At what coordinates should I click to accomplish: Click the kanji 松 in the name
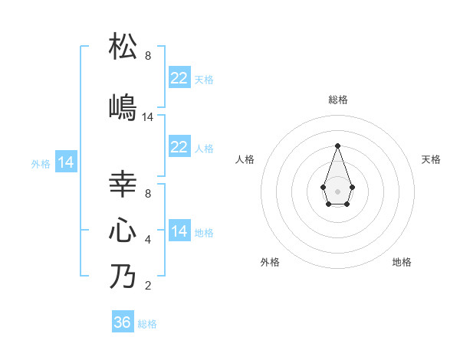coord(123,47)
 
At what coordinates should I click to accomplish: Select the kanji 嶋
coord(123,107)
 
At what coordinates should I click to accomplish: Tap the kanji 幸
coord(123,185)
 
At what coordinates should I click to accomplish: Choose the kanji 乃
coord(123,277)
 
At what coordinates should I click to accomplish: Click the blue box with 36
coord(123,322)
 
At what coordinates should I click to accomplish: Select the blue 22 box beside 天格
coord(179,78)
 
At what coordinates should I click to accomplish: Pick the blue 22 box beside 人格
coord(179,147)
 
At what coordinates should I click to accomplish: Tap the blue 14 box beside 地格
coord(179,231)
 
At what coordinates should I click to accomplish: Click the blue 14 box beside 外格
coord(66,162)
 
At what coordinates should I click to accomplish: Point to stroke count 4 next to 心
coord(148,240)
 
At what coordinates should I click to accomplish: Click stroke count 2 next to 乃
coord(148,286)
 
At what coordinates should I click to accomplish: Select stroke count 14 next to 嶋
coord(148,117)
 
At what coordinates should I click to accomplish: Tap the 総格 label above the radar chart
coord(337,100)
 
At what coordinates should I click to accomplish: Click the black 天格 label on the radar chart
coord(431,159)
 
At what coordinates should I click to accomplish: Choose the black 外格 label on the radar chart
coord(270,262)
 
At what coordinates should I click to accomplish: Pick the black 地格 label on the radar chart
coord(402,262)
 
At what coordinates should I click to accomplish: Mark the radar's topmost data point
coord(337,145)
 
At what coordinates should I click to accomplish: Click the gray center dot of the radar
coord(337,190)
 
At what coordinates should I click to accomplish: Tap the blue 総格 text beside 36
coord(147,324)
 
